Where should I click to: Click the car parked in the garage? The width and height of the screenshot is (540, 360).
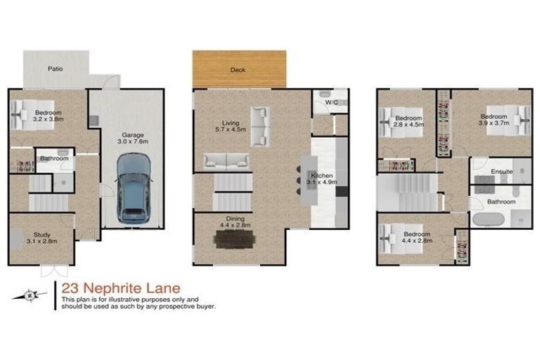click(134, 188)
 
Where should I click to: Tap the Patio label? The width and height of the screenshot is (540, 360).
click(56, 69)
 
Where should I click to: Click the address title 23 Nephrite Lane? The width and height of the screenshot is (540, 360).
click(120, 288)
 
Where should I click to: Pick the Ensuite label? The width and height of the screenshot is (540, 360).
click(501, 171)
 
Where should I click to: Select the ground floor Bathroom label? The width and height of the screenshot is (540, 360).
click(54, 159)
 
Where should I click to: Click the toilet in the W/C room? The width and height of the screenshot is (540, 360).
click(325, 94)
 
